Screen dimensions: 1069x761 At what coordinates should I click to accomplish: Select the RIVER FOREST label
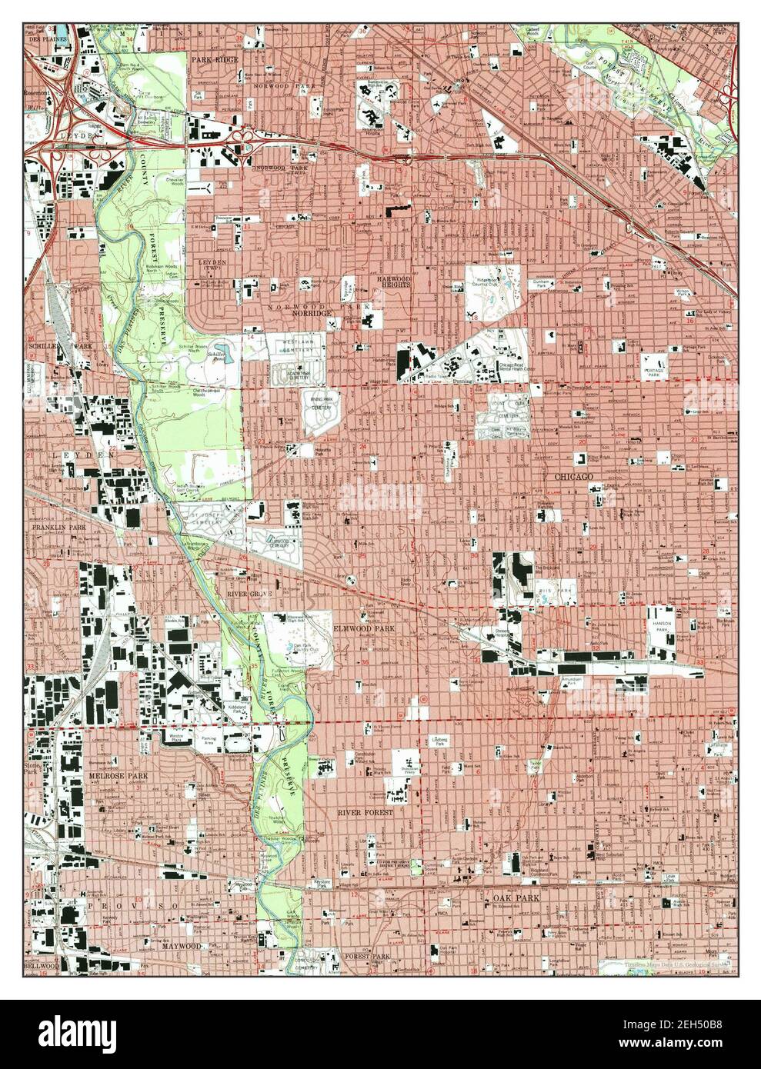365,812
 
